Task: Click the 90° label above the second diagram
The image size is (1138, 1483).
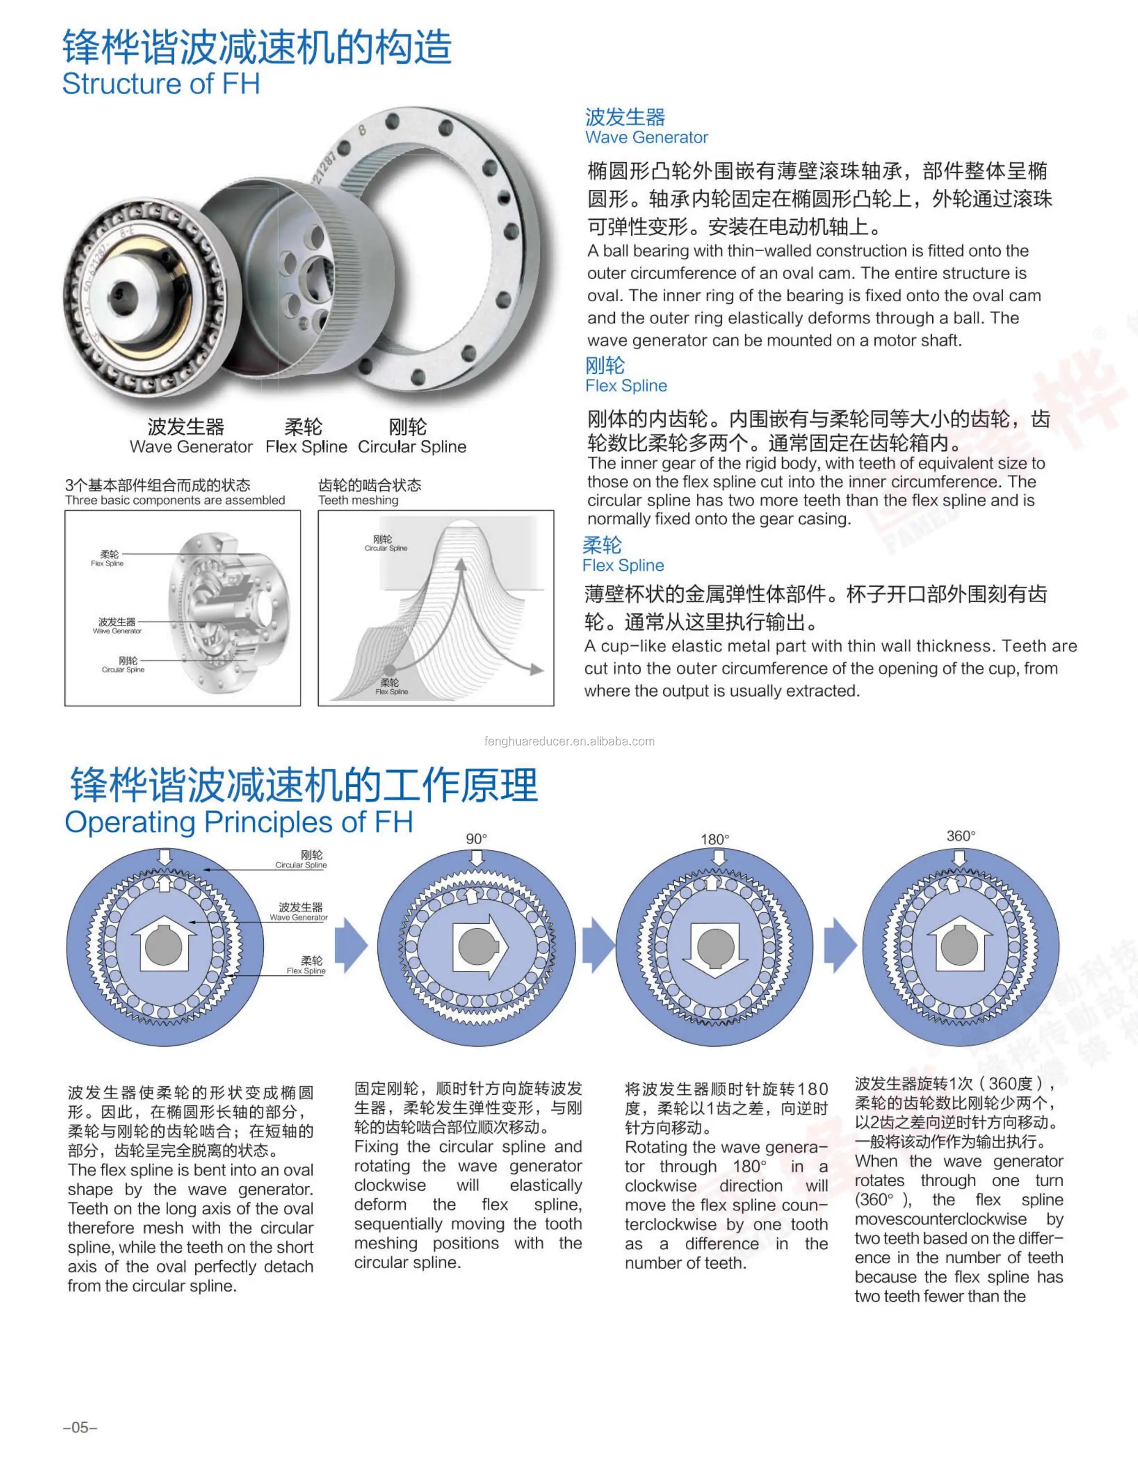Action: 476,838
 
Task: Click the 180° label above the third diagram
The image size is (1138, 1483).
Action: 715,839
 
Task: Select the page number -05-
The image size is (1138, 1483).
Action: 80,1427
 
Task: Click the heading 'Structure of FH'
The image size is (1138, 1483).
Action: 161,84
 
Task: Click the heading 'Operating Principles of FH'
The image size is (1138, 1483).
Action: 239,821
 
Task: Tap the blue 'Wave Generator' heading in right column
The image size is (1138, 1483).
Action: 646,138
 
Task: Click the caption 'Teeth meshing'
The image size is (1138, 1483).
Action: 358,500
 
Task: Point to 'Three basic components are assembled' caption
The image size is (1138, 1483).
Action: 175,500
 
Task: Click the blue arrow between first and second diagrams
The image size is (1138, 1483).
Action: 351,946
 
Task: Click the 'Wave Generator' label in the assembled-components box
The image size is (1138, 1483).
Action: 117,631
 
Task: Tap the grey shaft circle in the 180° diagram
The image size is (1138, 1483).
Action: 715,946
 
